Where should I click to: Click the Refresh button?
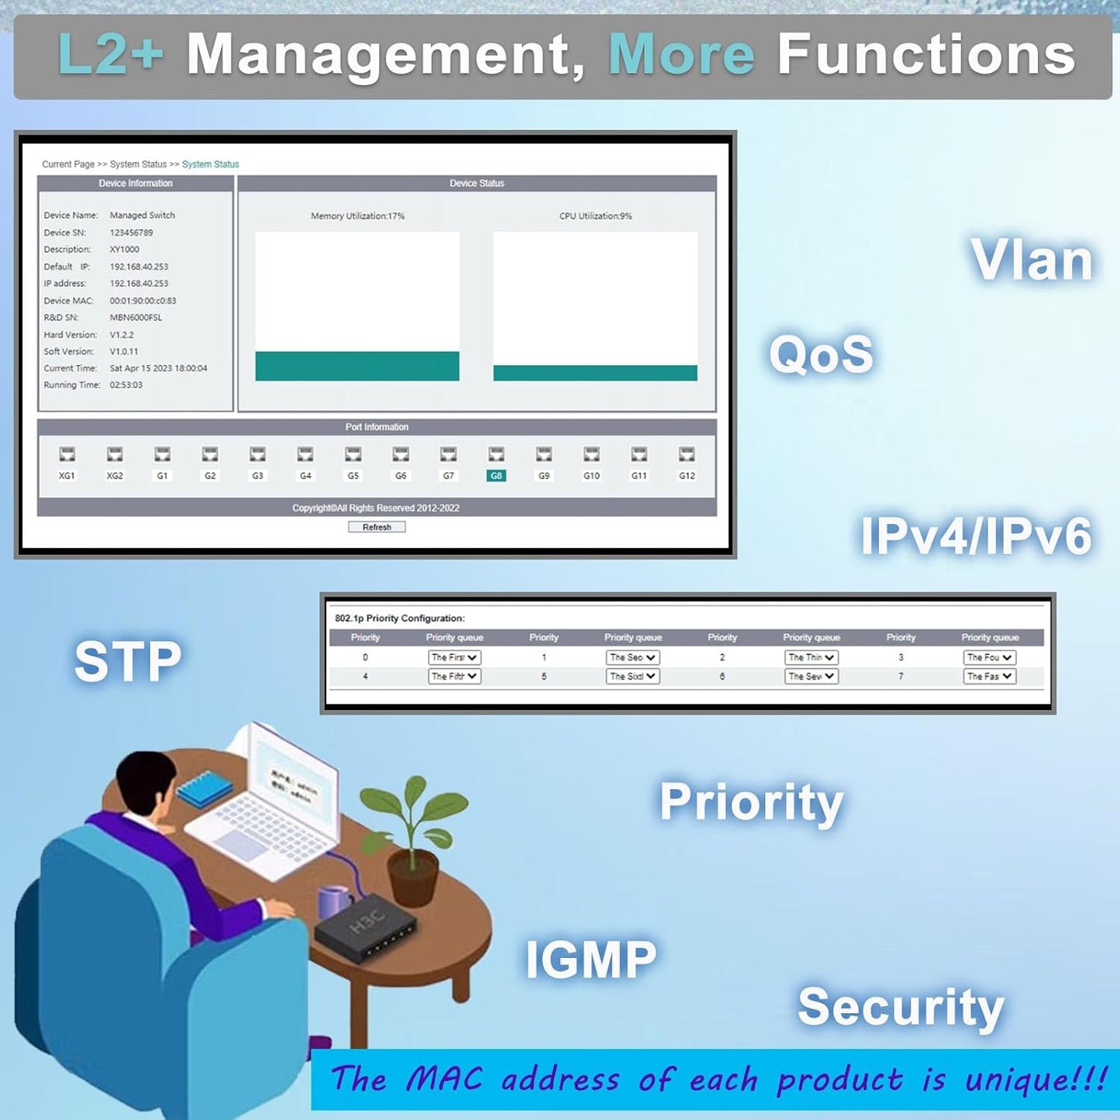pyautogui.click(x=377, y=527)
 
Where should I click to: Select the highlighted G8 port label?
pyautogui.click(x=496, y=476)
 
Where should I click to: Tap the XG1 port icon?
pyautogui.click(x=67, y=454)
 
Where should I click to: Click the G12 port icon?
pyautogui.click(x=687, y=454)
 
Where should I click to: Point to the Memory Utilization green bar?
pyautogui.click(x=357, y=366)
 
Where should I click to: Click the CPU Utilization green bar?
pyautogui.click(x=595, y=373)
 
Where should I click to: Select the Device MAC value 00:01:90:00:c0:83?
pyautogui.click(x=143, y=301)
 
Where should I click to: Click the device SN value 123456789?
pyautogui.click(x=131, y=233)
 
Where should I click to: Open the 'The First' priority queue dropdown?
pyautogui.click(x=454, y=657)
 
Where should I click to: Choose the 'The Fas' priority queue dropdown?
pyautogui.click(x=990, y=677)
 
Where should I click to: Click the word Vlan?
pyautogui.click(x=1032, y=260)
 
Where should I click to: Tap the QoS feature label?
pyautogui.click(x=821, y=354)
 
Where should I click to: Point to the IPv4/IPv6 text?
pyautogui.click(x=976, y=536)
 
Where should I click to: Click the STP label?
pyautogui.click(x=128, y=661)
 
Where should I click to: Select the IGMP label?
pyautogui.click(x=591, y=960)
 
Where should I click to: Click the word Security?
pyautogui.click(x=901, y=1008)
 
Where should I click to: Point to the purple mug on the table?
pyautogui.click(x=334, y=902)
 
